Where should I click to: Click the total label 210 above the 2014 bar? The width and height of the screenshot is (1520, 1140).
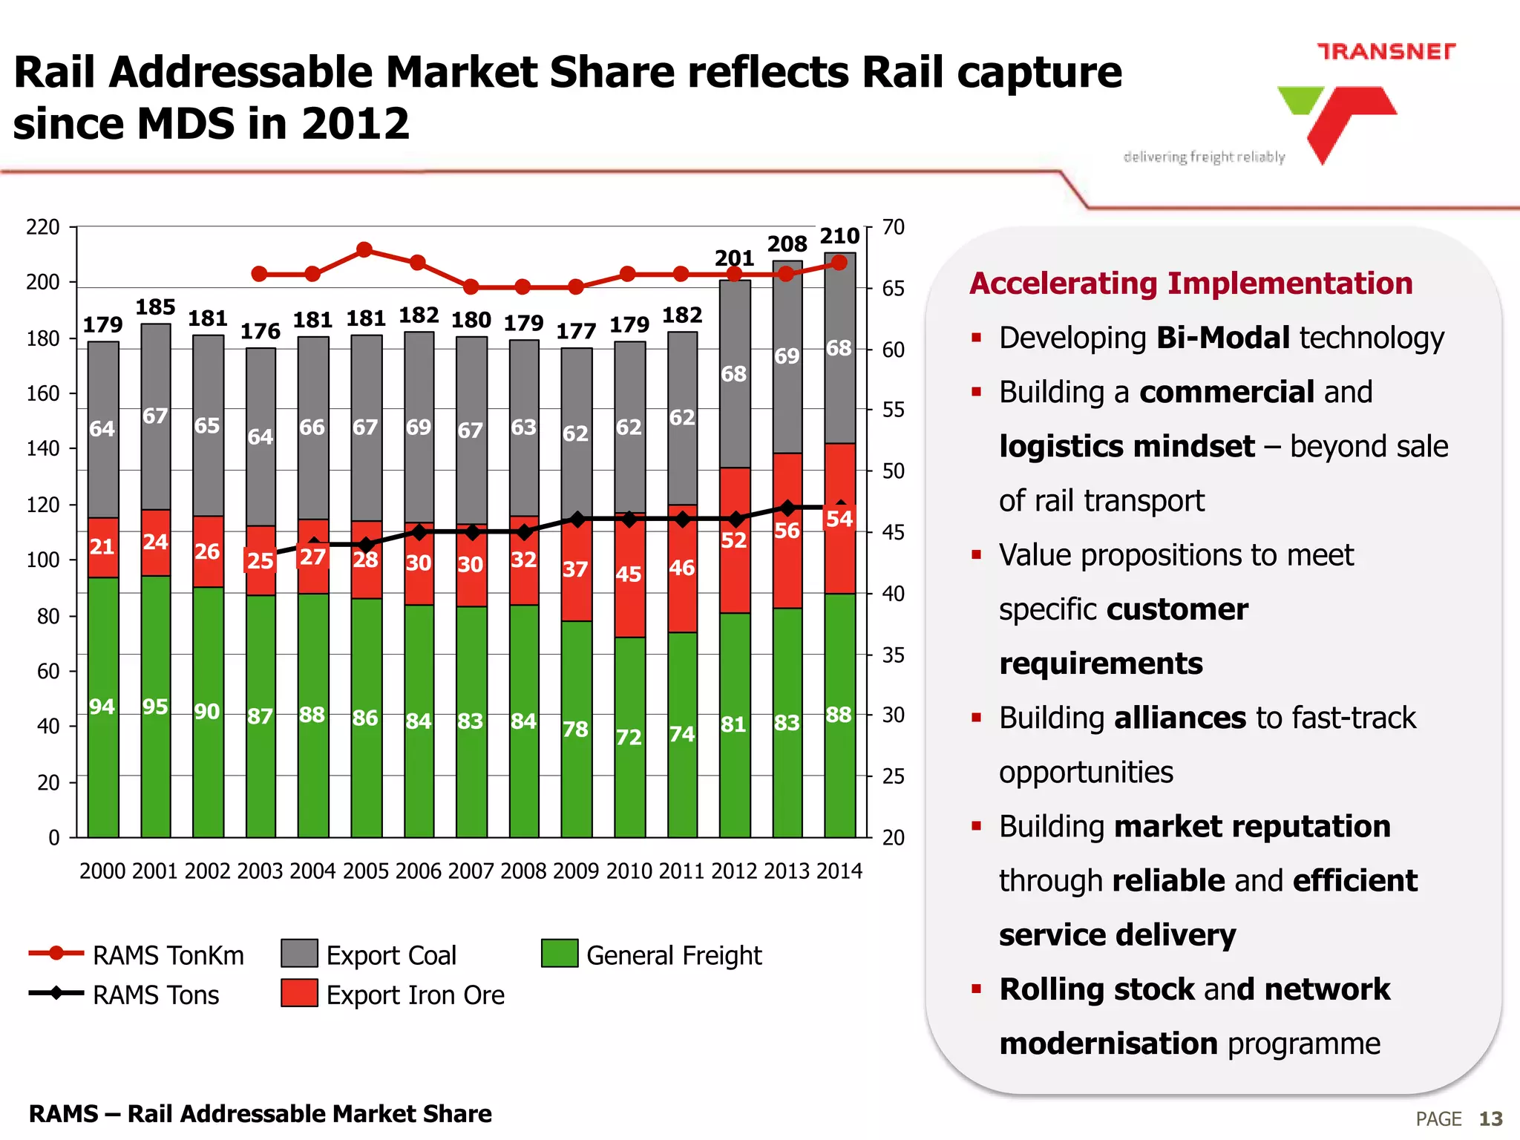point(839,236)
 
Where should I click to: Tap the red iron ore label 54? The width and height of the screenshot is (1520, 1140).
point(839,518)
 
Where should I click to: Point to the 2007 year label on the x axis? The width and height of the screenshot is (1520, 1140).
point(471,871)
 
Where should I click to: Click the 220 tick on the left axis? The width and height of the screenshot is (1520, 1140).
point(43,227)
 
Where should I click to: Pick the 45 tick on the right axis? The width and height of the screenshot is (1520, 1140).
point(893,532)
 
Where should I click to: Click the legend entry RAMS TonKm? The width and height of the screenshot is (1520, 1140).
point(168,955)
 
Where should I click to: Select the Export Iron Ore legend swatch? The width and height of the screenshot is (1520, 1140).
point(299,993)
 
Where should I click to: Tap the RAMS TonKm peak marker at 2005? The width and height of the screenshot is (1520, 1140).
point(364,249)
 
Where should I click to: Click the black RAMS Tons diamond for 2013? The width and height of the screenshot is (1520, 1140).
point(787,508)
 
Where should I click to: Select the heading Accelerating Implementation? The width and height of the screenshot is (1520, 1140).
point(1190,284)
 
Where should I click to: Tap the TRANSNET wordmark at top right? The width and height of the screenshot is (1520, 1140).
point(1386,51)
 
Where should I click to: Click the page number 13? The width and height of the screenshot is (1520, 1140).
point(1490,1118)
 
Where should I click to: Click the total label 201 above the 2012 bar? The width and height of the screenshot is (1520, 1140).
point(734,258)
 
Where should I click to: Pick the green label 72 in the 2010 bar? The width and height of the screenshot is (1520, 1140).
point(629,737)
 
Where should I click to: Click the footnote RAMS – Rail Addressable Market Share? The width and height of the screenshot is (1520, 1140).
point(260,1113)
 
